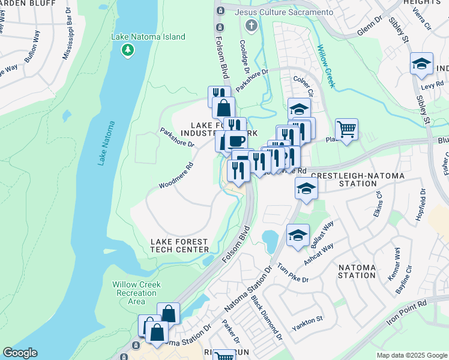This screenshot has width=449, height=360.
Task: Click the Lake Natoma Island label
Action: pos(148,37)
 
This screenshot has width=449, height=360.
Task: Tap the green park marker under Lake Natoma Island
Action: pos(127,50)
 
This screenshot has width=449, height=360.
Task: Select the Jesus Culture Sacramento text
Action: pos(284,12)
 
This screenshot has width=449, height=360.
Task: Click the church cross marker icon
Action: pos(251,25)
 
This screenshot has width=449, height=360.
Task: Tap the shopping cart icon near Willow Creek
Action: pos(346,128)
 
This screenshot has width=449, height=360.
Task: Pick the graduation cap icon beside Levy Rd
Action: pos(421,64)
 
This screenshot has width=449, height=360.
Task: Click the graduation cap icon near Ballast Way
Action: pos(298,235)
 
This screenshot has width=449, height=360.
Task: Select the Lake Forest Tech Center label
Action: pos(179,245)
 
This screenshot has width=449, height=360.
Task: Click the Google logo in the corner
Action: pos(20,353)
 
